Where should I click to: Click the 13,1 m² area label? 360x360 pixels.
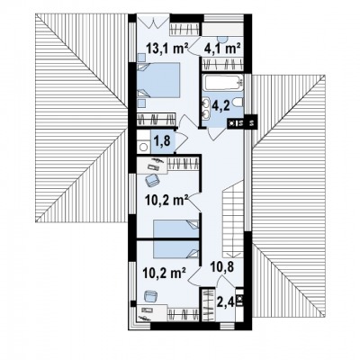[167, 48]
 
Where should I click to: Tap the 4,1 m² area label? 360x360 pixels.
[222, 48]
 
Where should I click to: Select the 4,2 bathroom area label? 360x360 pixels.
[221, 106]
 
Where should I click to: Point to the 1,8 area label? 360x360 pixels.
[162, 140]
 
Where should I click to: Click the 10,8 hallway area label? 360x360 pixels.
[222, 266]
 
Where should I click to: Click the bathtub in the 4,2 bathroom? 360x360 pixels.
[223, 82]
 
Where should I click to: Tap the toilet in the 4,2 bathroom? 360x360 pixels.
[238, 103]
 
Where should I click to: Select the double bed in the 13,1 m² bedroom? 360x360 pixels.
[158, 80]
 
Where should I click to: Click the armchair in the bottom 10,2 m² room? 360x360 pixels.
[152, 297]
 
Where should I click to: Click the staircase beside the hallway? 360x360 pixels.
[233, 219]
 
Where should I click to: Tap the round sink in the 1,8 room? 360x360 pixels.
[144, 147]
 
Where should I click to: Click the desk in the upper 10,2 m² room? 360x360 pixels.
[152, 166]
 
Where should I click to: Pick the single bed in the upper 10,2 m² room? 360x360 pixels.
[176, 229]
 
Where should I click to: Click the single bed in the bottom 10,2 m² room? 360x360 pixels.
[176, 249]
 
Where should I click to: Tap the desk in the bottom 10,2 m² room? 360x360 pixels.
[152, 313]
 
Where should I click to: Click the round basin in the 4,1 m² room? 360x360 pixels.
[222, 39]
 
